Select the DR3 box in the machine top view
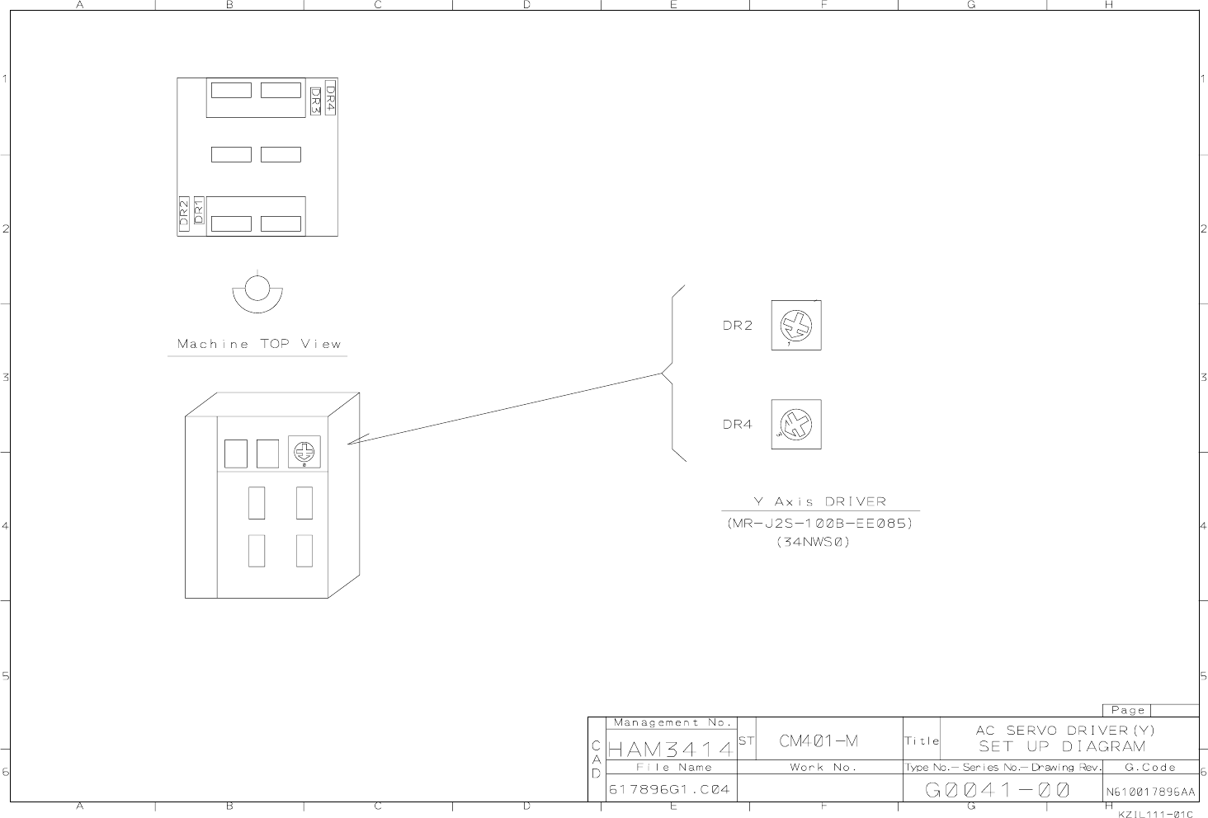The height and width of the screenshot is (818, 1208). (x=315, y=101)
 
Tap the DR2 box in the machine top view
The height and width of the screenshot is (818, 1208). (x=184, y=214)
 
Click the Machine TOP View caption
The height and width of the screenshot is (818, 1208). (x=259, y=344)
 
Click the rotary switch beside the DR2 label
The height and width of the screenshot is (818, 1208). (x=796, y=325)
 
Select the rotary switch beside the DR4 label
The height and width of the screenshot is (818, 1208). (x=796, y=425)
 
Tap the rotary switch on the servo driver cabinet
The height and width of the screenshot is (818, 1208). (x=304, y=452)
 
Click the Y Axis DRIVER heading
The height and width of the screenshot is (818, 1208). (x=819, y=501)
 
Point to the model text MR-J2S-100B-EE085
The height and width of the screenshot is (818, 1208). (x=820, y=524)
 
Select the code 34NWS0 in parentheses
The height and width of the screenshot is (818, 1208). (x=813, y=542)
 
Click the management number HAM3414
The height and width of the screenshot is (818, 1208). (x=670, y=750)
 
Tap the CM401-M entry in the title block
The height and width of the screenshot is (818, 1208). (x=819, y=740)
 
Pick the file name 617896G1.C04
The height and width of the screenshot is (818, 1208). (x=669, y=790)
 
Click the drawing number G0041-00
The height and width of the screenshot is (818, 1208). (x=998, y=790)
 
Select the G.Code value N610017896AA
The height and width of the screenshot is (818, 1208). (x=1150, y=792)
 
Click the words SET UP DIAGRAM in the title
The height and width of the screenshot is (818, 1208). (x=1062, y=747)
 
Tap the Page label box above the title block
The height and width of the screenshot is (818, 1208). (x=1127, y=710)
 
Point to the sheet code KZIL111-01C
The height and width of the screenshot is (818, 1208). (x=1155, y=814)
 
